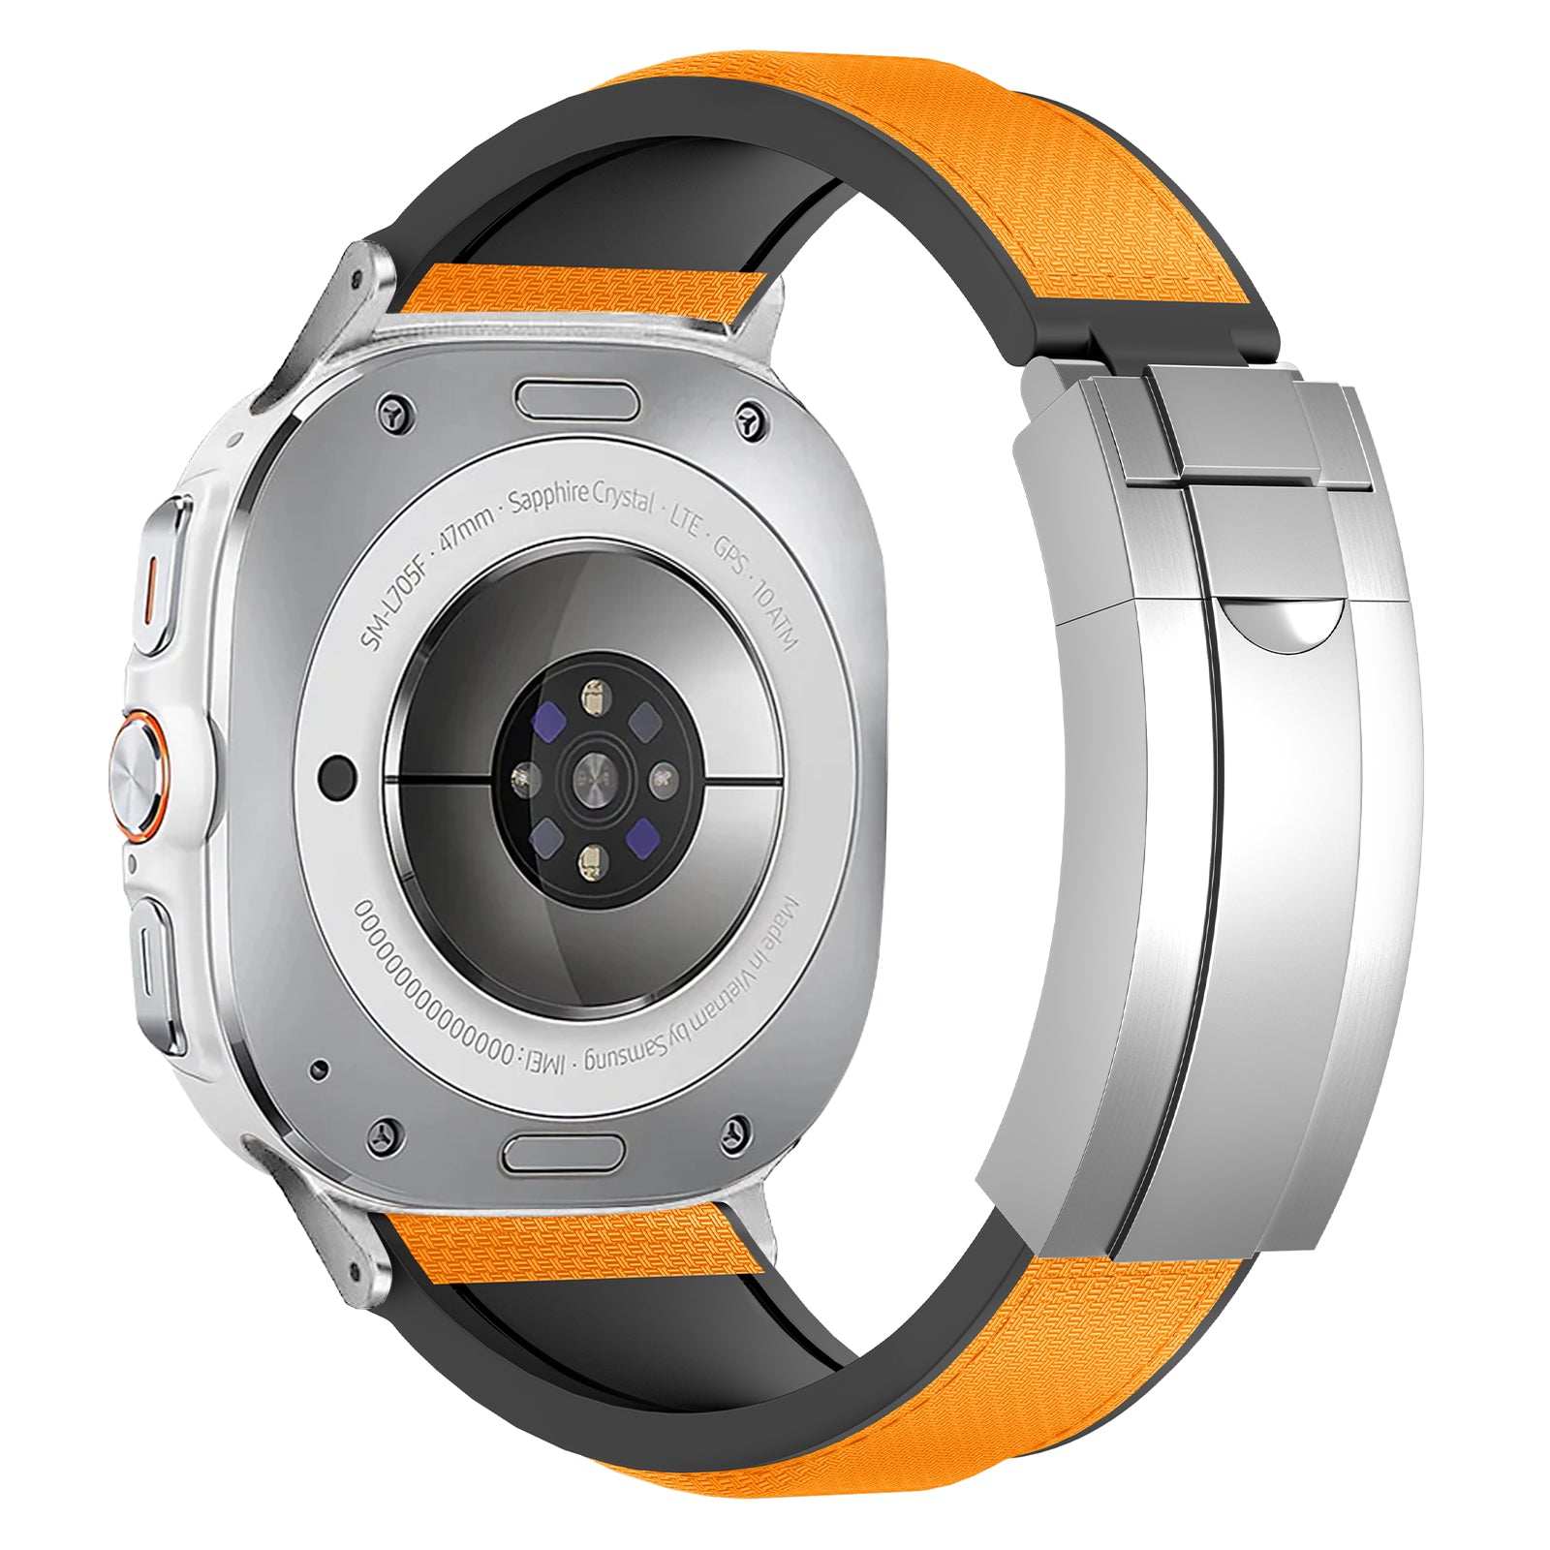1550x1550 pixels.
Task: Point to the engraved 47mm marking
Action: coord(467,527)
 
